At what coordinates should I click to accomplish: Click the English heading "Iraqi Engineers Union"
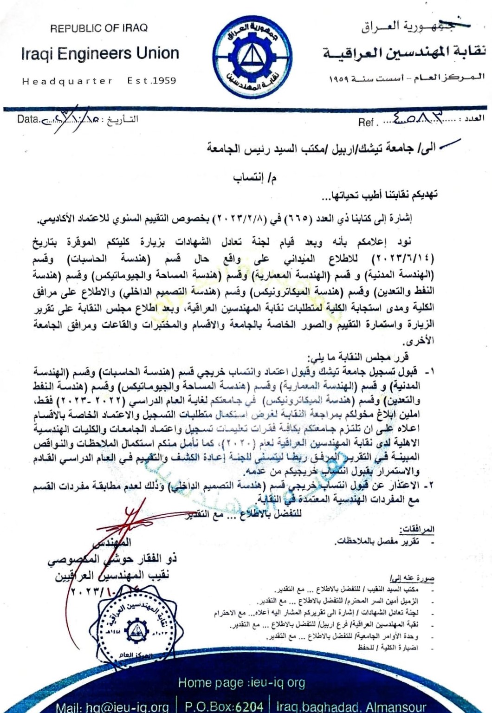click(x=100, y=54)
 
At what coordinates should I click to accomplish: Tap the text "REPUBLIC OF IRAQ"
click(x=99, y=28)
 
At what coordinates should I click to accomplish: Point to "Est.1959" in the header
click(x=152, y=81)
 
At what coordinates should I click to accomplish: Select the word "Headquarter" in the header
click(x=67, y=81)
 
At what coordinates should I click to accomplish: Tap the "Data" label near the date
click(x=28, y=119)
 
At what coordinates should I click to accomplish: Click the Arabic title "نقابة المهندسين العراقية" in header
click(x=404, y=53)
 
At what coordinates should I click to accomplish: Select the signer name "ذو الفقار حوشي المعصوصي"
click(x=111, y=559)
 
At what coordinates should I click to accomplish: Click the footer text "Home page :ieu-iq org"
click(x=242, y=682)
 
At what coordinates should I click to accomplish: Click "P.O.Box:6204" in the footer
click(x=224, y=707)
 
